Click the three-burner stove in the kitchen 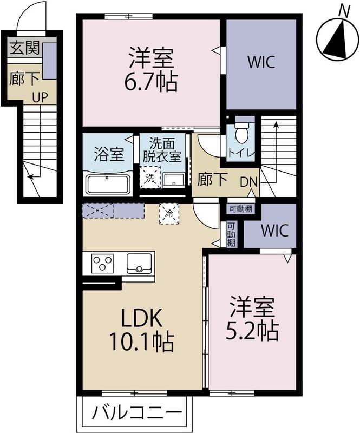pos(103,263)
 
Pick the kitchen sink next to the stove pos(139,263)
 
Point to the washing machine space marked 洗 pos(150,178)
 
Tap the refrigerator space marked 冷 pos(169,213)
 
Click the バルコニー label pos(137,414)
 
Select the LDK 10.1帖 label pos(141,330)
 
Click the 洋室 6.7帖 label pos(151,70)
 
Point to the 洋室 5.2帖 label pos(252,318)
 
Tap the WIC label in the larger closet pos(261,62)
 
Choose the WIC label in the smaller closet pos(274,231)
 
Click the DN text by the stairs pos(248,182)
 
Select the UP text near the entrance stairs pos(40,97)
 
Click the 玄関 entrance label pos(25,48)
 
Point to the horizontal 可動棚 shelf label pos(241,209)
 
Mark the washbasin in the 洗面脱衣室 pos(174,180)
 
